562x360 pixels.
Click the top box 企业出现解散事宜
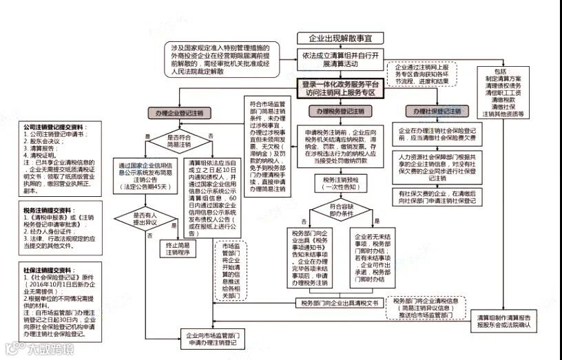click(x=340, y=39)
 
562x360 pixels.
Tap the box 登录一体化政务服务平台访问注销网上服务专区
click(x=341, y=87)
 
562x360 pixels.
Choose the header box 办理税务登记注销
click(x=340, y=111)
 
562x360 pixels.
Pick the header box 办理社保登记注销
click(x=437, y=111)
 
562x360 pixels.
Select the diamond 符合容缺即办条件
click(x=340, y=209)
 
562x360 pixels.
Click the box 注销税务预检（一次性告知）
click(x=340, y=182)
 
